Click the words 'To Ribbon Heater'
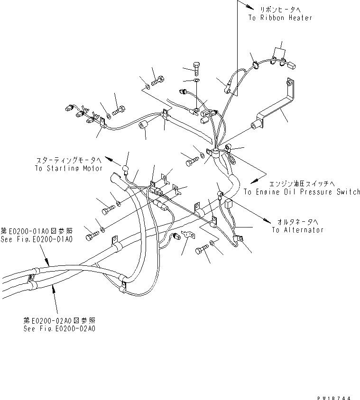(x=280, y=18)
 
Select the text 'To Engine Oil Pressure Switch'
(x=302, y=192)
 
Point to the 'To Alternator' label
(x=298, y=230)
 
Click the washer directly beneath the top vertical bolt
(x=197, y=81)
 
